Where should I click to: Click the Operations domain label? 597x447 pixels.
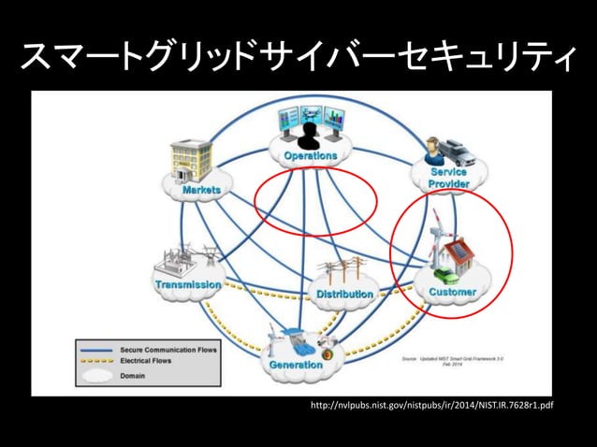pos(311,155)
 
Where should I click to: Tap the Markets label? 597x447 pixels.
pos(201,190)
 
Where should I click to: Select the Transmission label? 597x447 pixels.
pos(188,283)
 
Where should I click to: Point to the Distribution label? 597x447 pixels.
pos(344,295)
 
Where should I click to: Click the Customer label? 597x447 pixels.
pos(453,292)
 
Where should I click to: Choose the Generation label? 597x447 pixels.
pos(296,365)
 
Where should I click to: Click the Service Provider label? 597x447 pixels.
pos(449,178)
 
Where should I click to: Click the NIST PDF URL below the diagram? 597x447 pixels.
pos(431,407)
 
